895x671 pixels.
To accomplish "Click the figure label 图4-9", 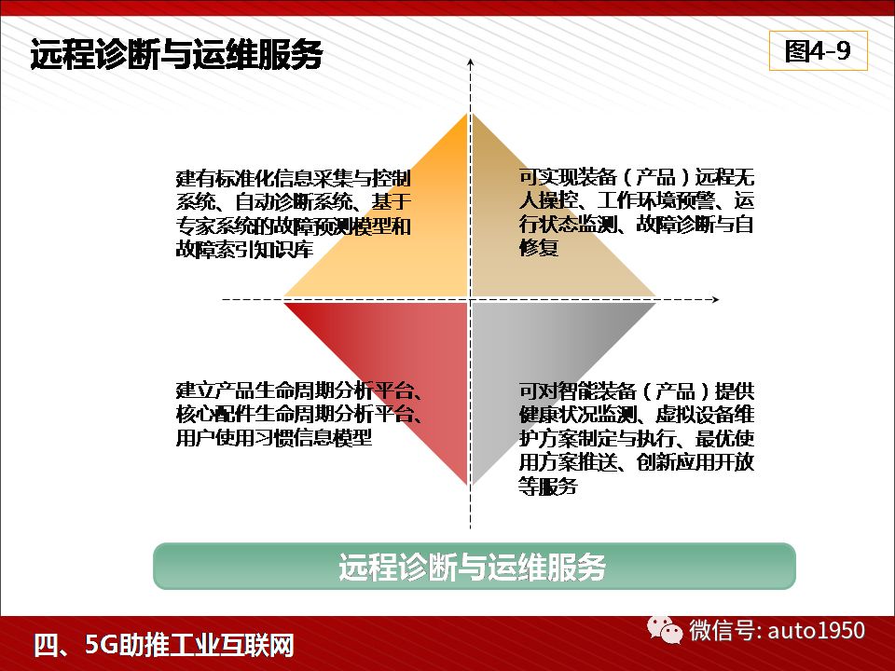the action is pos(818,50).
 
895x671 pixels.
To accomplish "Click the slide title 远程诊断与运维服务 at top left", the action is pos(177,54).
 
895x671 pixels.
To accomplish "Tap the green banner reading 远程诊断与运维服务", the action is pos(475,566).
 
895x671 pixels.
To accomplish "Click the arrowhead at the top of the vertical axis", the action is pos(470,62).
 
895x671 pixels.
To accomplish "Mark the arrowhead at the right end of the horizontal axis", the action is pos(716,299).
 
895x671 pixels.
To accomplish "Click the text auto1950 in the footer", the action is pos(817,631).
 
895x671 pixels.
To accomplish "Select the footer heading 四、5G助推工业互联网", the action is pos(164,645).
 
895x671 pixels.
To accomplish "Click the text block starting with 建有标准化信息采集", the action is pos(294,213).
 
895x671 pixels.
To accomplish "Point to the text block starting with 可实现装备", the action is pos(637,212).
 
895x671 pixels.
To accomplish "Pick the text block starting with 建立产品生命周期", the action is pos(299,414).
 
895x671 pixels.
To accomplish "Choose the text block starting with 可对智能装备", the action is pos(637,438).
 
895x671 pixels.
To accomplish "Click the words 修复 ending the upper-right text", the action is pos(538,247).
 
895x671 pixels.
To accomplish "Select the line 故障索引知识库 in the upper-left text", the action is pos(244,250).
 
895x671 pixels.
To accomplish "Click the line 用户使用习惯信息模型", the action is pos(274,438).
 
